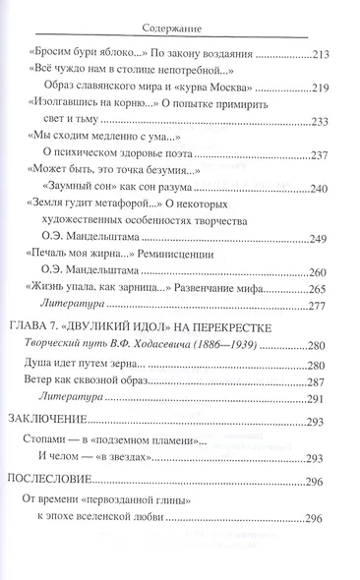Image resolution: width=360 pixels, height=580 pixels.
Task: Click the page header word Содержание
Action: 179,17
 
